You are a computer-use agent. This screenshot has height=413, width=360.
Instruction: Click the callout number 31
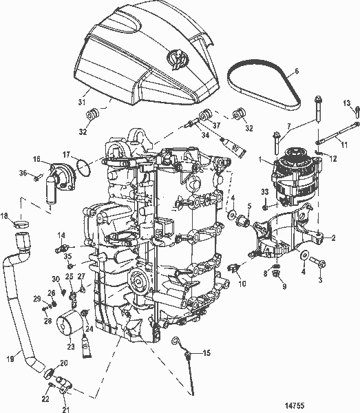82,103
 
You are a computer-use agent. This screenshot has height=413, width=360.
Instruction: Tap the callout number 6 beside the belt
297,71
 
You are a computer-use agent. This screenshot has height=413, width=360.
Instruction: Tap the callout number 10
242,284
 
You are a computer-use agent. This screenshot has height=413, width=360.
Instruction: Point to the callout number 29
36,297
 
